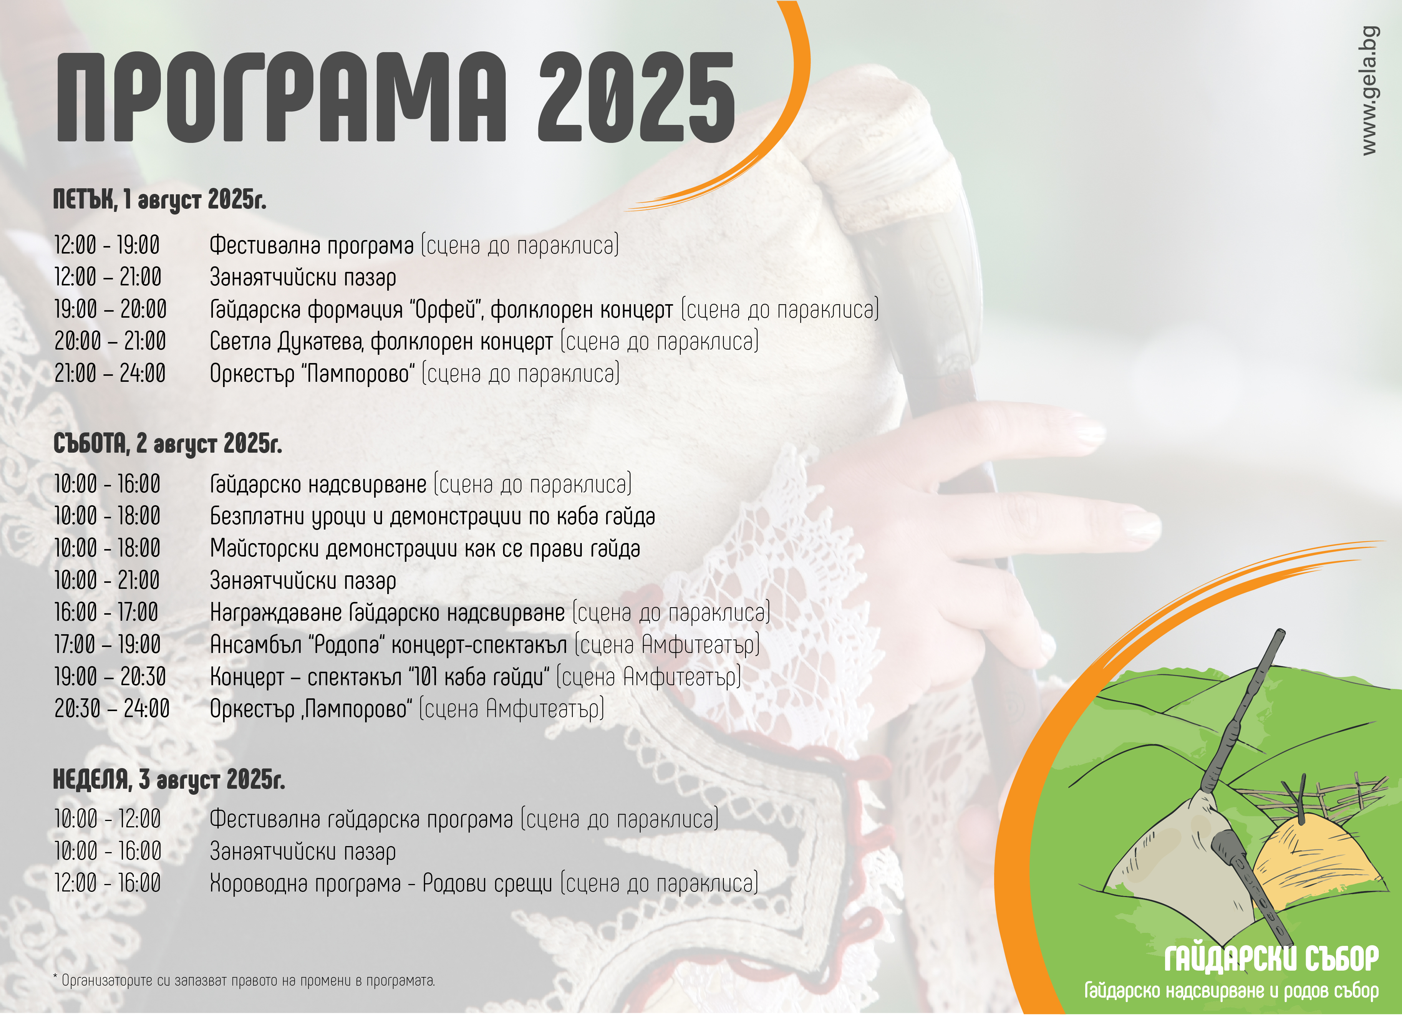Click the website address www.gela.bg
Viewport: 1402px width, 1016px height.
click(x=1370, y=90)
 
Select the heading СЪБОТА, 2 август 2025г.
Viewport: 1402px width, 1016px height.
click(x=168, y=443)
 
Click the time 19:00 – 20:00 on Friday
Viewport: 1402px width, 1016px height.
click(x=111, y=309)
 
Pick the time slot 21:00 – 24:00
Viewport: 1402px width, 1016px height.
click(x=110, y=374)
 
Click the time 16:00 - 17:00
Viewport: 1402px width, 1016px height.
click(x=106, y=612)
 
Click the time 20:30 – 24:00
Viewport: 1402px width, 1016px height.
click(x=112, y=709)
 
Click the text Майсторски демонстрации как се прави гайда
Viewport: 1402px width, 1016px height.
click(x=425, y=548)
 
